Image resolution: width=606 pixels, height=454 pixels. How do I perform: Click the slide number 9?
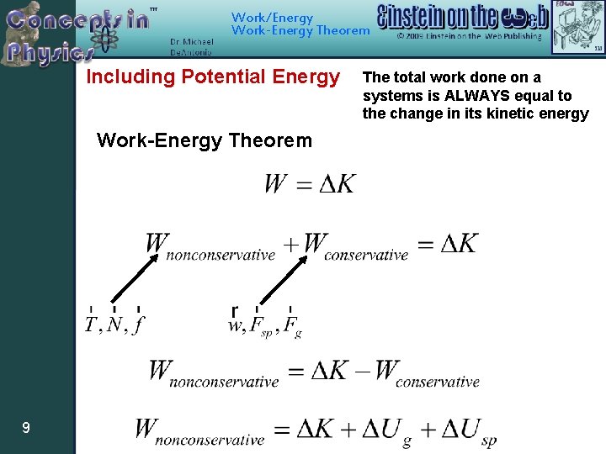coord(26,429)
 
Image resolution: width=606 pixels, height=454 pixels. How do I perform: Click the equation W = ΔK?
coord(309,184)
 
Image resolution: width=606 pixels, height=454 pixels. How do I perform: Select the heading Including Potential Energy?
coord(213,77)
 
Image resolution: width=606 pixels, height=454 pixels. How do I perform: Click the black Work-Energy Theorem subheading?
coord(204,140)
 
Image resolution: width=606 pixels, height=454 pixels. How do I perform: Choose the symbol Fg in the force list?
coord(291,326)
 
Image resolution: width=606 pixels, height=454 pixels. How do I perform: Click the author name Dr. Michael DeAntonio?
coord(191,47)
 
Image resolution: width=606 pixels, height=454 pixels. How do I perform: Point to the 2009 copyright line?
coord(470,37)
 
